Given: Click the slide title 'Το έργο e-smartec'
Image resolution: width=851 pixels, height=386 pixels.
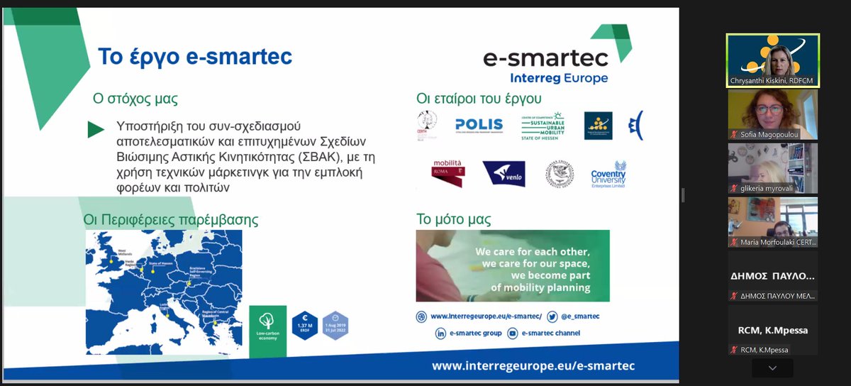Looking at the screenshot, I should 194,56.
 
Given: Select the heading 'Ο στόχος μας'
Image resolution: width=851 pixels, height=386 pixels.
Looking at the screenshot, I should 135,99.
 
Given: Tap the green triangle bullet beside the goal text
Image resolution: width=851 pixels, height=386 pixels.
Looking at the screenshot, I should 96,129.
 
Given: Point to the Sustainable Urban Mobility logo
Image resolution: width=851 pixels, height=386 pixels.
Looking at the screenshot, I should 543,126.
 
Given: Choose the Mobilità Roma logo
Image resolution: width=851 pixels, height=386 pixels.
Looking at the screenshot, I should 448,173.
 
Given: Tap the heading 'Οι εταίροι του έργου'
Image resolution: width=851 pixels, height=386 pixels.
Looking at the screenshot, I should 479,99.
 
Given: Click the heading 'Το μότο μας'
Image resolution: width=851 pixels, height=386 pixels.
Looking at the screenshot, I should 454,219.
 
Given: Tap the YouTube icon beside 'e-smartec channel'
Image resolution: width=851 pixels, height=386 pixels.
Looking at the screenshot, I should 512,333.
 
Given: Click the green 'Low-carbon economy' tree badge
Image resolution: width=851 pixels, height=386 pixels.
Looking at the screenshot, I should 268,331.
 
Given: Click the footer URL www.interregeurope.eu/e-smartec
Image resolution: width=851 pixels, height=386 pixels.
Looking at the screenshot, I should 533,365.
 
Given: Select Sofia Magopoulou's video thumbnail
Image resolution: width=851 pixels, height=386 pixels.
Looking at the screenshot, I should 772,114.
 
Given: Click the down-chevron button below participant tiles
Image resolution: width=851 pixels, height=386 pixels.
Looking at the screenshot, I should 772,368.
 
